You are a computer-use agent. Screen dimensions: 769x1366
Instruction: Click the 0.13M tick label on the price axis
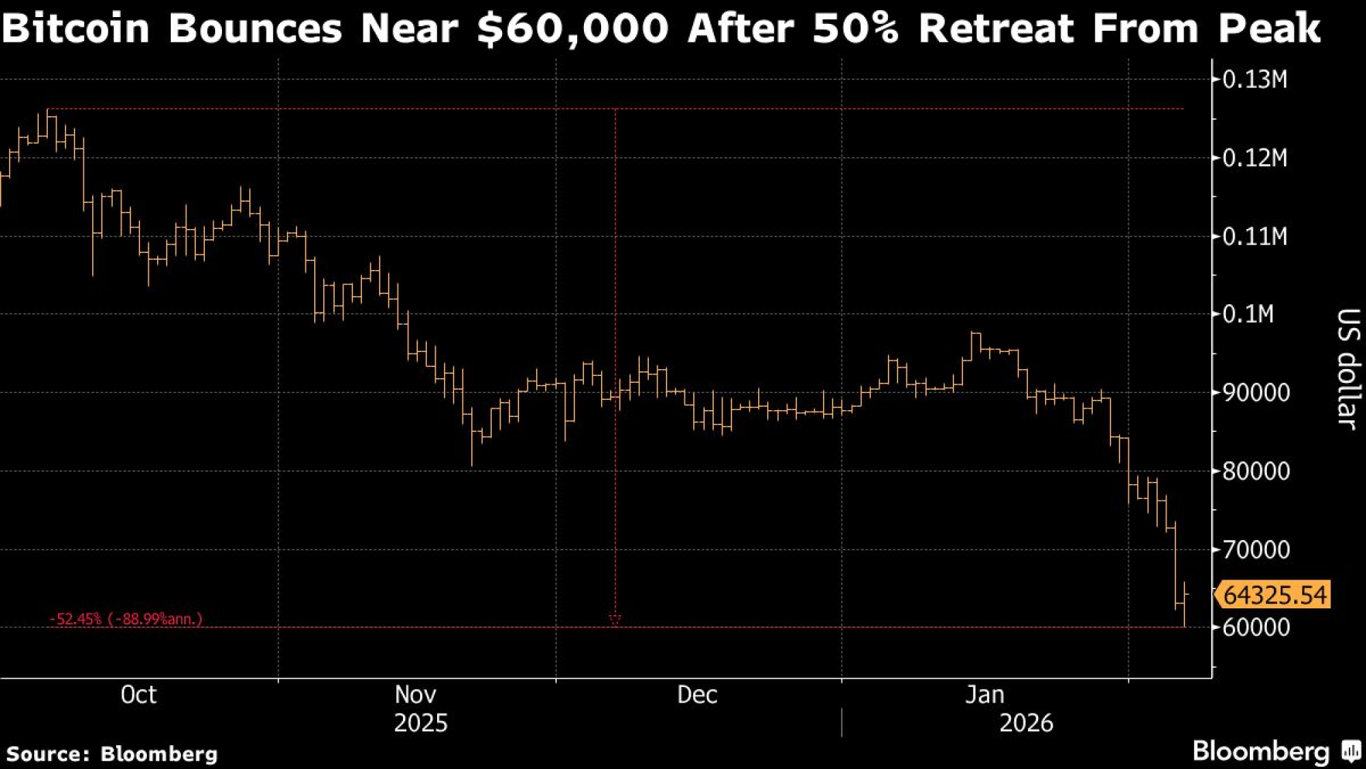pyautogui.click(x=1254, y=80)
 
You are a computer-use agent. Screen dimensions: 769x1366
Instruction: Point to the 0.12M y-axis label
pyautogui.click(x=1254, y=158)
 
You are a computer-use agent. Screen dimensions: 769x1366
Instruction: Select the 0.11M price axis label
pyautogui.click(x=1254, y=237)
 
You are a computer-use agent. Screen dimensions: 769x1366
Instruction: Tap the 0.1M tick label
pyautogui.click(x=1248, y=314)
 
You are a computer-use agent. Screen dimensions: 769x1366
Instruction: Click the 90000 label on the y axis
pyautogui.click(x=1255, y=393)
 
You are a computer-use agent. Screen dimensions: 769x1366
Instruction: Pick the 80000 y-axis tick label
pyautogui.click(x=1255, y=471)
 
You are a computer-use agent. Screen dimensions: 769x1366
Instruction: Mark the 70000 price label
pyautogui.click(x=1255, y=550)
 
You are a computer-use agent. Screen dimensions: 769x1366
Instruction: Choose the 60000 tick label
pyautogui.click(x=1255, y=628)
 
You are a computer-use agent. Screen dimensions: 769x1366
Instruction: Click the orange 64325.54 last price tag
pyautogui.click(x=1274, y=595)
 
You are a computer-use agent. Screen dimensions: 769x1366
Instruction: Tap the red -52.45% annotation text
pyautogui.click(x=126, y=619)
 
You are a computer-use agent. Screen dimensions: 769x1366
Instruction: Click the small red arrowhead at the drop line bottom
pyautogui.click(x=615, y=619)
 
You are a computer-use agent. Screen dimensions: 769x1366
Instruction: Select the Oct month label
pyautogui.click(x=138, y=695)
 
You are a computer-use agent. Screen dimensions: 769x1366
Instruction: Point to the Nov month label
pyautogui.click(x=415, y=695)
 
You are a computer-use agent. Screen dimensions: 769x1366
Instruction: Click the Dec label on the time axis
pyautogui.click(x=697, y=695)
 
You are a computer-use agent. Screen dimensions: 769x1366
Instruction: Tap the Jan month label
pyautogui.click(x=984, y=695)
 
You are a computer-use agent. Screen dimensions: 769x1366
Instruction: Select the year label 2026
pyautogui.click(x=1026, y=723)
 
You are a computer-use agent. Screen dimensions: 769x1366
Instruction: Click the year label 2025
pyautogui.click(x=421, y=723)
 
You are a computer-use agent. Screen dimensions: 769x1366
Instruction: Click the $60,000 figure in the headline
pyautogui.click(x=572, y=29)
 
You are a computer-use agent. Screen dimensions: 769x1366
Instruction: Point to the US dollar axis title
pyautogui.click(x=1347, y=369)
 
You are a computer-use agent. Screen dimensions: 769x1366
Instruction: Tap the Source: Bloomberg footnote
pyautogui.click(x=112, y=754)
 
